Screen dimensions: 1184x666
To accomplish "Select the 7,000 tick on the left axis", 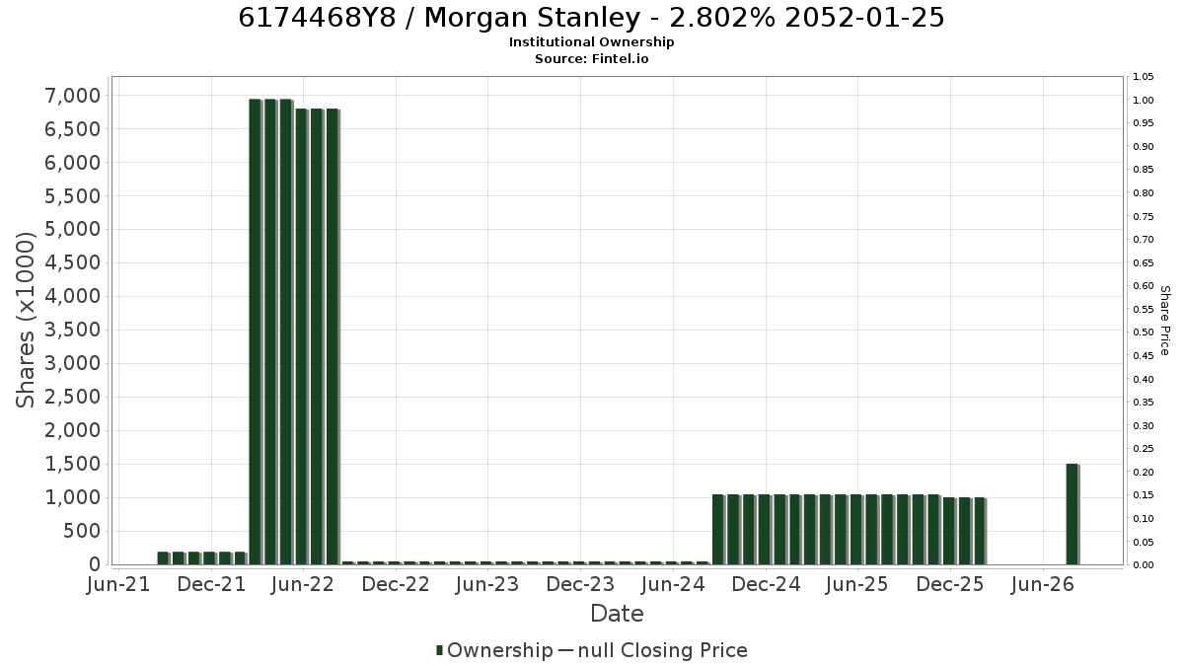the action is (x=73, y=96).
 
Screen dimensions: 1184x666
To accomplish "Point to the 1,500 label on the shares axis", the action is (x=73, y=464).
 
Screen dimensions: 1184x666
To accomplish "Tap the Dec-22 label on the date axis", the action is (x=396, y=584).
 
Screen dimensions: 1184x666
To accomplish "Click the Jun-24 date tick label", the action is (x=673, y=584).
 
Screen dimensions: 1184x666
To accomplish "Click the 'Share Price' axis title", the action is (x=1165, y=321).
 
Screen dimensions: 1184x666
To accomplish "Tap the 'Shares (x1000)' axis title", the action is (x=26, y=321).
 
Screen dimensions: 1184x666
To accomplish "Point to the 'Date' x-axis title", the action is (x=617, y=614).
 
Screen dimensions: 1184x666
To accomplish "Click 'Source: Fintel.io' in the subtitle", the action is (x=591, y=59).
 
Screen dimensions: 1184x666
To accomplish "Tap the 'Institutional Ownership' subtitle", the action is (x=591, y=42).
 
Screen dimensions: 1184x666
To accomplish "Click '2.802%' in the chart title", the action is (x=722, y=18).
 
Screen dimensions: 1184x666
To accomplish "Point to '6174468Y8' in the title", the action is (x=317, y=18).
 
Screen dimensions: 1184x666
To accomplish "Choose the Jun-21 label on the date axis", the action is (x=118, y=584).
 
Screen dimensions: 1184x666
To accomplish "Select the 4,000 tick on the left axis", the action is (x=73, y=297).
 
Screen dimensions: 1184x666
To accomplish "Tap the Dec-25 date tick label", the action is (x=950, y=584).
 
